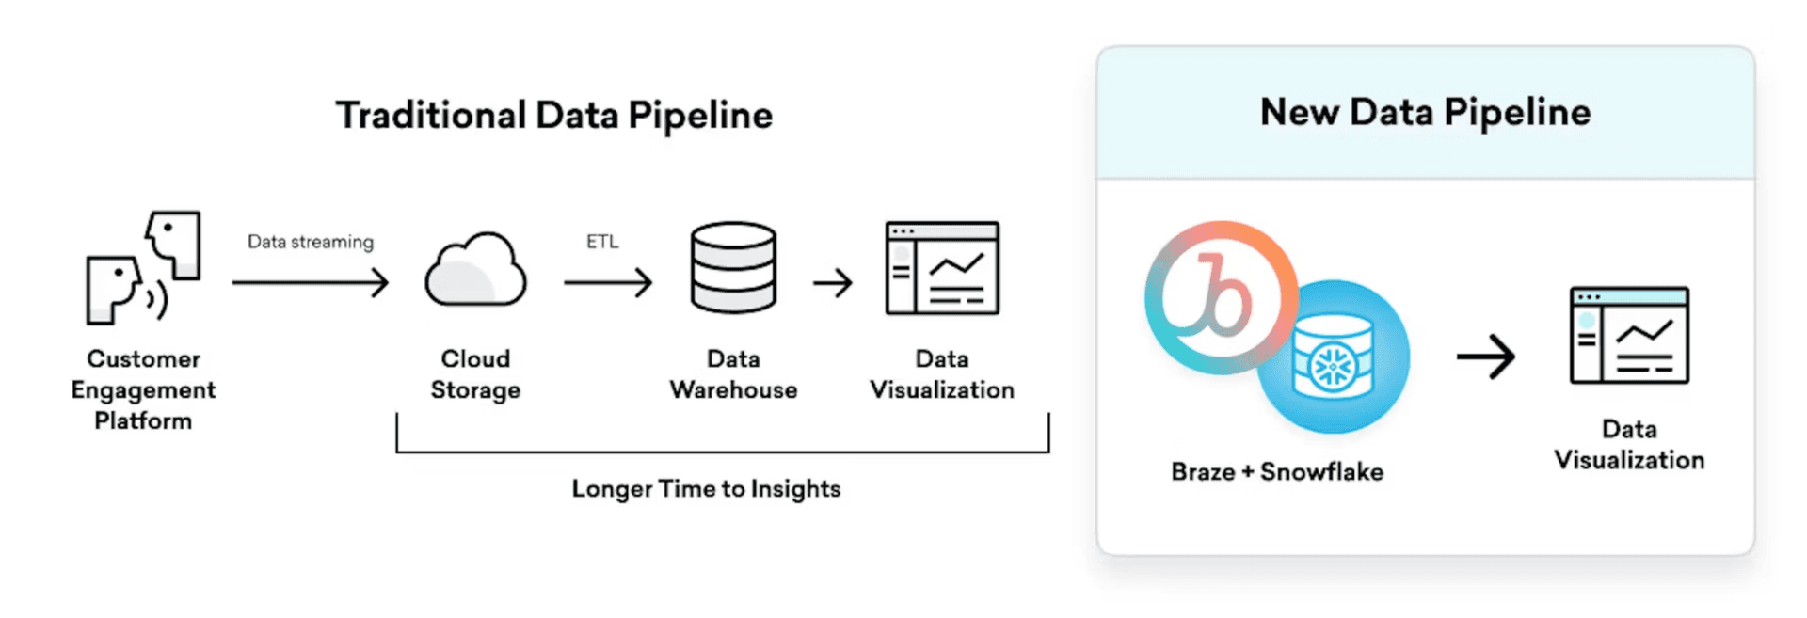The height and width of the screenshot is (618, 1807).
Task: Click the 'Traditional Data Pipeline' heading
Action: (x=554, y=116)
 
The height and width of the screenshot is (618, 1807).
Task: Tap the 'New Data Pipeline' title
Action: (x=1425, y=112)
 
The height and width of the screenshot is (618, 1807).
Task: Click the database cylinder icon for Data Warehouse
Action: (x=733, y=267)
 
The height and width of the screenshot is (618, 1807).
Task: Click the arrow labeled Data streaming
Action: (x=311, y=282)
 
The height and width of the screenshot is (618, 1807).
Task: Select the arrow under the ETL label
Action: (x=608, y=282)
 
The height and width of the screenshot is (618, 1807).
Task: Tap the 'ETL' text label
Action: (x=602, y=242)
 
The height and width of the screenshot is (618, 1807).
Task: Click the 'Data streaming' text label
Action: (x=311, y=242)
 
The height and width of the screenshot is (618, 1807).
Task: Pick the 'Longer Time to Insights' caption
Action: (x=706, y=489)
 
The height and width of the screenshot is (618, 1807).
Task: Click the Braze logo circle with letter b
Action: (x=1220, y=297)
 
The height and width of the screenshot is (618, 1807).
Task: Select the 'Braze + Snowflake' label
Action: (x=1277, y=471)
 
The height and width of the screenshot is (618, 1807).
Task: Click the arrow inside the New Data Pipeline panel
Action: (x=1486, y=357)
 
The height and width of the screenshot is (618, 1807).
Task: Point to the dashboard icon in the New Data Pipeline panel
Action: (x=1629, y=336)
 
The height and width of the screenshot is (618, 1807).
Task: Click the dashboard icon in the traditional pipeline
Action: (x=942, y=268)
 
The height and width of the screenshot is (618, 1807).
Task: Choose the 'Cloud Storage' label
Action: (x=475, y=374)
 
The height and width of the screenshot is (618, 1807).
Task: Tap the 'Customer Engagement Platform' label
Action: (x=143, y=389)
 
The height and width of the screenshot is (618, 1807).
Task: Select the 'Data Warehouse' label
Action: (x=733, y=374)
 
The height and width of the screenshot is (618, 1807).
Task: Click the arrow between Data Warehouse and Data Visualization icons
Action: (x=833, y=282)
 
